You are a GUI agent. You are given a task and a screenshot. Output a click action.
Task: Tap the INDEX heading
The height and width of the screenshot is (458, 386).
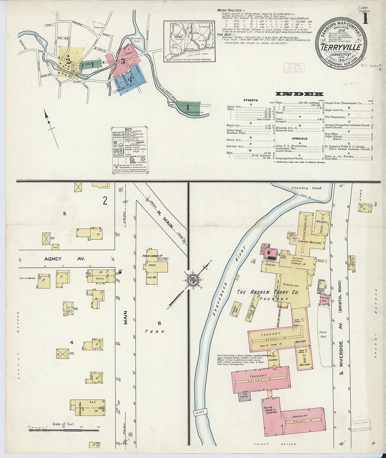[x=299, y=94]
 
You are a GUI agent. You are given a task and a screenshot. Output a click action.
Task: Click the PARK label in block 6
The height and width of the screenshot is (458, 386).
[x=155, y=331]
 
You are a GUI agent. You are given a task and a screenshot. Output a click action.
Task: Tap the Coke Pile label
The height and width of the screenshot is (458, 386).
[x=323, y=334]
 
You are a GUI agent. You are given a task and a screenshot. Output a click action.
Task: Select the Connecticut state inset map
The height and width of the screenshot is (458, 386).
[x=189, y=41]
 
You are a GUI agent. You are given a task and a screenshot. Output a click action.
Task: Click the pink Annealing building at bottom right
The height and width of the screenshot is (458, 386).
[x=302, y=419]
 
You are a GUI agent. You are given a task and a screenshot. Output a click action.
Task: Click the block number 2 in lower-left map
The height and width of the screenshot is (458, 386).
[x=105, y=201]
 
